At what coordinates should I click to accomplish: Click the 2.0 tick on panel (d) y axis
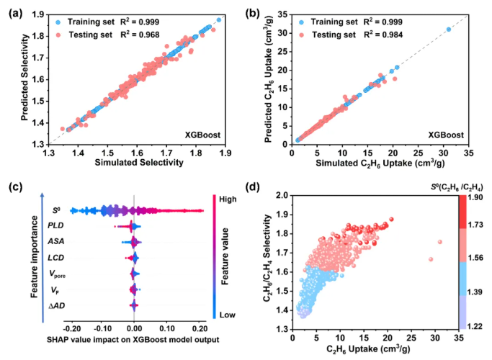click(x=279, y=195)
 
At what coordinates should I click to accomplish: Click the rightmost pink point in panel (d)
click(x=439, y=242)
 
